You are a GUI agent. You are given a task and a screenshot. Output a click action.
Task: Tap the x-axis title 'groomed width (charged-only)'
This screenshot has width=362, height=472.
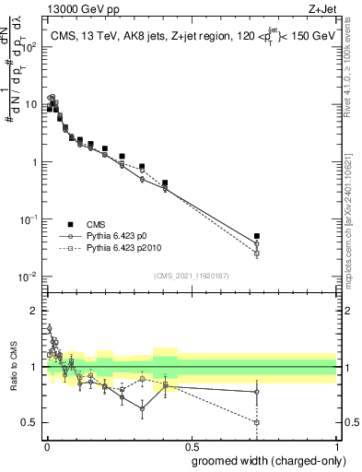pyautogui.click(x=263, y=460)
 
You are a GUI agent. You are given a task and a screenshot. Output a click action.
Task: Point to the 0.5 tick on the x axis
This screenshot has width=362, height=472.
pyautogui.click(x=191, y=446)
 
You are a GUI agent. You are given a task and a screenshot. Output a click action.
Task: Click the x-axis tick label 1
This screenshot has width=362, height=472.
pyautogui.click(x=336, y=446)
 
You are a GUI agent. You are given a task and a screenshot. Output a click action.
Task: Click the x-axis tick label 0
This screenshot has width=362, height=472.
pyautogui.click(x=46, y=446)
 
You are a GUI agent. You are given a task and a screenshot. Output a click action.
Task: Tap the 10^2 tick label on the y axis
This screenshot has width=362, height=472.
pyautogui.click(x=29, y=47)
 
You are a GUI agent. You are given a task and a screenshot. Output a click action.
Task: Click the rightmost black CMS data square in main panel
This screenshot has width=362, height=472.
pyautogui.click(x=257, y=237)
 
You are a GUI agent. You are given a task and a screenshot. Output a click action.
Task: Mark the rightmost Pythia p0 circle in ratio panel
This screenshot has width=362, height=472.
pyautogui.click(x=257, y=392)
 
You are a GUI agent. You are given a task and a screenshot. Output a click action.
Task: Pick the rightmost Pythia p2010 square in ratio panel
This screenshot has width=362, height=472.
pyautogui.click(x=257, y=422)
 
